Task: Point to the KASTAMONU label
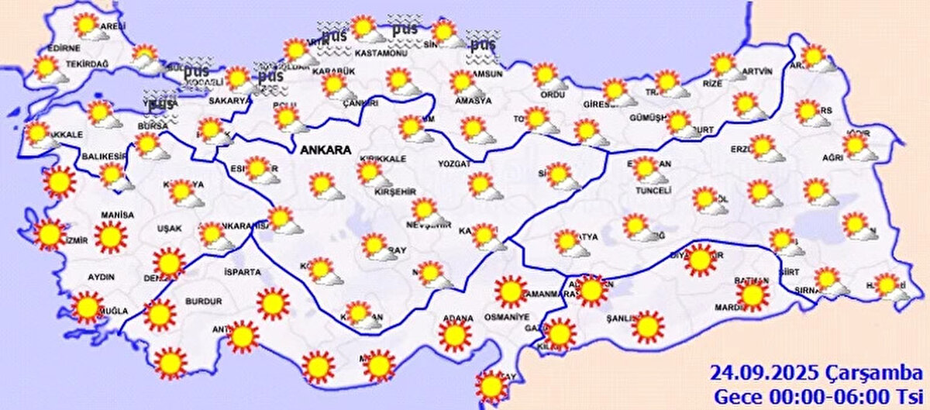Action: pyautogui.click(x=381, y=53)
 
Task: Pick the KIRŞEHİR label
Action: pyautogui.click(x=395, y=191)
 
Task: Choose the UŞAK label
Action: pyautogui.click(x=168, y=229)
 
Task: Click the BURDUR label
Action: pyautogui.click(x=204, y=301)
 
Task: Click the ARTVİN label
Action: pyautogui.click(x=756, y=72)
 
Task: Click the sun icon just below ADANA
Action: pyautogui.click(x=454, y=336)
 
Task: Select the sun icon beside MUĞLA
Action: pyautogui.click(x=87, y=307)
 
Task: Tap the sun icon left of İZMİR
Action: pyautogui.click(x=50, y=233)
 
